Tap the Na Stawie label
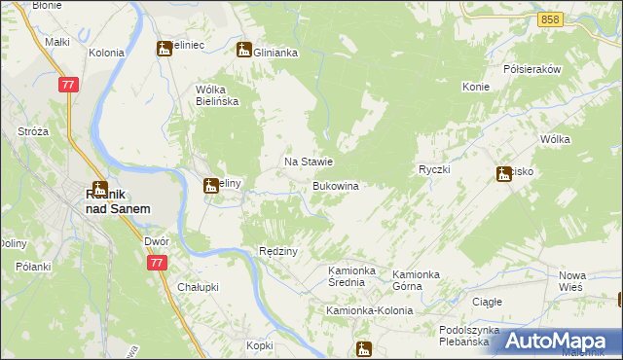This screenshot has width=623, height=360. point(309,162)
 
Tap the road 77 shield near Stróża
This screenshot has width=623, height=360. point(68,86)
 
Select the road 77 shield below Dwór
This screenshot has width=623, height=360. point(156,263)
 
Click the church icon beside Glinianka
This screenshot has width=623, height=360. point(244,50)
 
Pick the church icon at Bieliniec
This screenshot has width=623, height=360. point(165,50)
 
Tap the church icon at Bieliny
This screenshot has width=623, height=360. point(210,186)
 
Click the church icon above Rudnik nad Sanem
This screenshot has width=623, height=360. point(98,189)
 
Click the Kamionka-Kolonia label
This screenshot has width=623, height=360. point(369,310)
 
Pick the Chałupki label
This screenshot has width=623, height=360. point(201,287)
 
